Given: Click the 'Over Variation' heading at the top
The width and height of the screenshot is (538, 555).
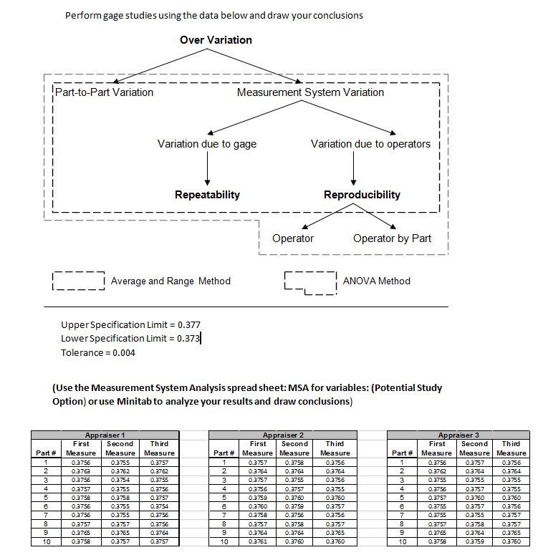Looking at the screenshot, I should pyautogui.click(x=216, y=40).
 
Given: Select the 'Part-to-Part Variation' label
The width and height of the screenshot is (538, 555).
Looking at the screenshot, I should pyautogui.click(x=105, y=92).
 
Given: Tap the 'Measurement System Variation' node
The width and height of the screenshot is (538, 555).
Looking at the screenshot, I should pyautogui.click(x=310, y=92).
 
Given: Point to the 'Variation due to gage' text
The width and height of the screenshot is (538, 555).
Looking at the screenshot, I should pyautogui.click(x=207, y=144).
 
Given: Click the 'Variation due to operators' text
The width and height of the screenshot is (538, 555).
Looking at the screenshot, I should pyautogui.click(x=370, y=144).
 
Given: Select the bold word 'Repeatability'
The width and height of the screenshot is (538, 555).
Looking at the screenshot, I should pyautogui.click(x=207, y=195).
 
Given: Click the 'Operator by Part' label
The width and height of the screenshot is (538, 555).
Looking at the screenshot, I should pyautogui.click(x=392, y=238).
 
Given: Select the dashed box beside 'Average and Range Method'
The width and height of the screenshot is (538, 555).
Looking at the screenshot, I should pyautogui.click(x=79, y=281).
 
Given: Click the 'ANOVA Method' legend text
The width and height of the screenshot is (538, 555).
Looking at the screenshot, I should pyautogui.click(x=377, y=281).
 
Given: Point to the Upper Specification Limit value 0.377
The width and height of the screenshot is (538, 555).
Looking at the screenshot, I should pyautogui.click(x=188, y=324).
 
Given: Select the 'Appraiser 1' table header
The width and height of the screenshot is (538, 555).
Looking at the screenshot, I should pyautogui.click(x=105, y=435).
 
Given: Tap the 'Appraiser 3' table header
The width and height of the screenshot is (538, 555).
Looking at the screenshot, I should pyautogui.click(x=459, y=435).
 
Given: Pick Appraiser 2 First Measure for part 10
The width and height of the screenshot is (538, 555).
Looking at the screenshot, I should pyautogui.click(x=258, y=541).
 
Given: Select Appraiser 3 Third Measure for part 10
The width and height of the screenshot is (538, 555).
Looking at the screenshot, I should pyautogui.click(x=511, y=541).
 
